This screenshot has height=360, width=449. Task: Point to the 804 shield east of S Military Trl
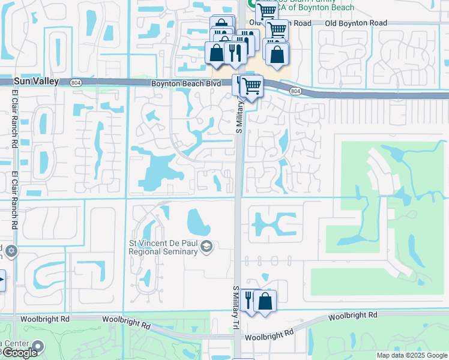pyautogui.click(x=295, y=90)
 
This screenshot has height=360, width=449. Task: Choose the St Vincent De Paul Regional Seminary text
pyautogui.click(x=163, y=247)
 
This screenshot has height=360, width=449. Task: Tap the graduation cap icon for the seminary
pyautogui.click(x=206, y=247)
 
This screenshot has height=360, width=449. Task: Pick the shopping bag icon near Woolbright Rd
pyautogui.click(x=265, y=301)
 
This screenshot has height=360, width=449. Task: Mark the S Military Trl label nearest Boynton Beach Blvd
pyautogui.click(x=238, y=116)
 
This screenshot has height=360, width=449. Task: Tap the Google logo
pyautogui.click(x=20, y=353)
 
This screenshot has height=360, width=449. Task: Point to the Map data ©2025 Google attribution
pyautogui.click(x=411, y=355)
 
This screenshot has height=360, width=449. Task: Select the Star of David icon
pyautogui.click(x=10, y=250)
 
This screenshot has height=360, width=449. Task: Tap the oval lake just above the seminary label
pyautogui.click(x=199, y=223)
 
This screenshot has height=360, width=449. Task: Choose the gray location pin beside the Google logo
pyautogui.click(x=38, y=346)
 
